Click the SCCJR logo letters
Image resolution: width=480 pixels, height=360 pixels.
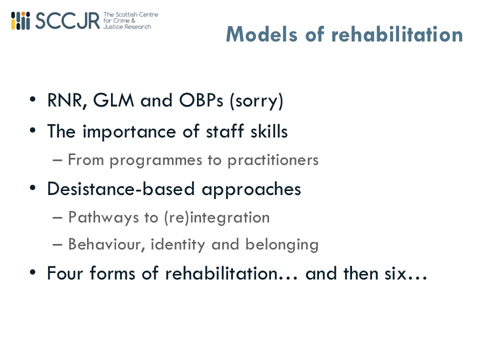click(x=67, y=21)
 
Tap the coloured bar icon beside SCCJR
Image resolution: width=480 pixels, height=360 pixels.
click(x=20, y=21)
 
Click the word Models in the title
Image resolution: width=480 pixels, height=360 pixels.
click(x=261, y=34)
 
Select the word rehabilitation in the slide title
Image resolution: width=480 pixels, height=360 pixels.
click(x=397, y=34)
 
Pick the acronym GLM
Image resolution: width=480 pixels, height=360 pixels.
click(x=113, y=100)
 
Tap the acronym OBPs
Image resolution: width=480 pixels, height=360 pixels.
click(x=201, y=100)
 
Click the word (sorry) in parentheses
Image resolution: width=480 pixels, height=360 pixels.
click(x=256, y=101)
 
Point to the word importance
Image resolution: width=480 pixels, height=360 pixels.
click(x=129, y=132)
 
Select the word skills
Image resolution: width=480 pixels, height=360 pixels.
click(x=269, y=131)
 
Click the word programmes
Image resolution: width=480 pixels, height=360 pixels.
click(x=156, y=160)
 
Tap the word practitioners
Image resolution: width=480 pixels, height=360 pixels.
click(x=273, y=160)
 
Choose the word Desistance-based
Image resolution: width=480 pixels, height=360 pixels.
click(x=121, y=188)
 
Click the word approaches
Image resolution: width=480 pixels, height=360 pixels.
click(x=251, y=189)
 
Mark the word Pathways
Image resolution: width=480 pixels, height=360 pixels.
click(x=103, y=217)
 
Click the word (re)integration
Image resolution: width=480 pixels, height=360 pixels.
click(x=217, y=218)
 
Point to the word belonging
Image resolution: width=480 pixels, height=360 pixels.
click(x=282, y=245)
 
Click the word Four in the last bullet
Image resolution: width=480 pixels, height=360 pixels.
click(x=65, y=273)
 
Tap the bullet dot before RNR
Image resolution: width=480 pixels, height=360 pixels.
click(x=33, y=100)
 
